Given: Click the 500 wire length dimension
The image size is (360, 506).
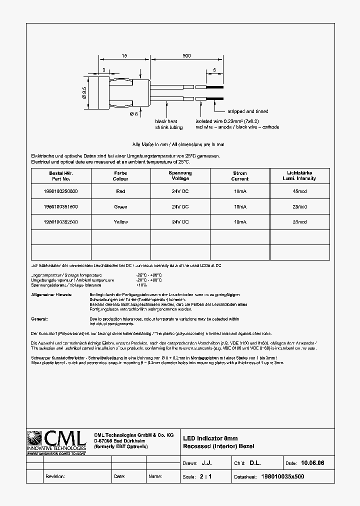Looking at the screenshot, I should pyautogui.click(x=186, y=56).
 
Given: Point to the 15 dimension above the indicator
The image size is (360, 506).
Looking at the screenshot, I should pyautogui.click(x=123, y=56).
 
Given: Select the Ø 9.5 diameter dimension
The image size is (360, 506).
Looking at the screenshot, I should pyautogui.click(x=85, y=92).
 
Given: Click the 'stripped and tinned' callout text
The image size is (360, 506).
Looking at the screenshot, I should pyautogui.click(x=248, y=111).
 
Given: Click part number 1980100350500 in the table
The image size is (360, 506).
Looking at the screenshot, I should pyautogui.click(x=60, y=191).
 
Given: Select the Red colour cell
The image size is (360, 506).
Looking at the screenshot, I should pyautogui.click(x=120, y=191).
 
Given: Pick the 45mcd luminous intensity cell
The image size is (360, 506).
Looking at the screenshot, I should pyautogui.click(x=299, y=191).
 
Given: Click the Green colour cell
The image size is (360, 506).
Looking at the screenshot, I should pyautogui.click(x=120, y=206).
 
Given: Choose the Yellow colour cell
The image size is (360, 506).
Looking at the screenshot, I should pyautogui.click(x=120, y=221).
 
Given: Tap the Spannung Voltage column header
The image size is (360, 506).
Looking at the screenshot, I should pyautogui.click(x=180, y=175).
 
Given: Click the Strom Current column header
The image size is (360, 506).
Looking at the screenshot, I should pyautogui.click(x=240, y=176).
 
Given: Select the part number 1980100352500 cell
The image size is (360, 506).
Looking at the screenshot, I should pyautogui.click(x=60, y=221).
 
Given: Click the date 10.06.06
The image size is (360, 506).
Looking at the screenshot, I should pyautogui.click(x=312, y=463).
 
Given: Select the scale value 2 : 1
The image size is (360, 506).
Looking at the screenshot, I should pyautogui.click(x=205, y=476).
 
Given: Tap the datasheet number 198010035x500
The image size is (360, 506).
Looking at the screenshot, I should pyautogui.click(x=282, y=476).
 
